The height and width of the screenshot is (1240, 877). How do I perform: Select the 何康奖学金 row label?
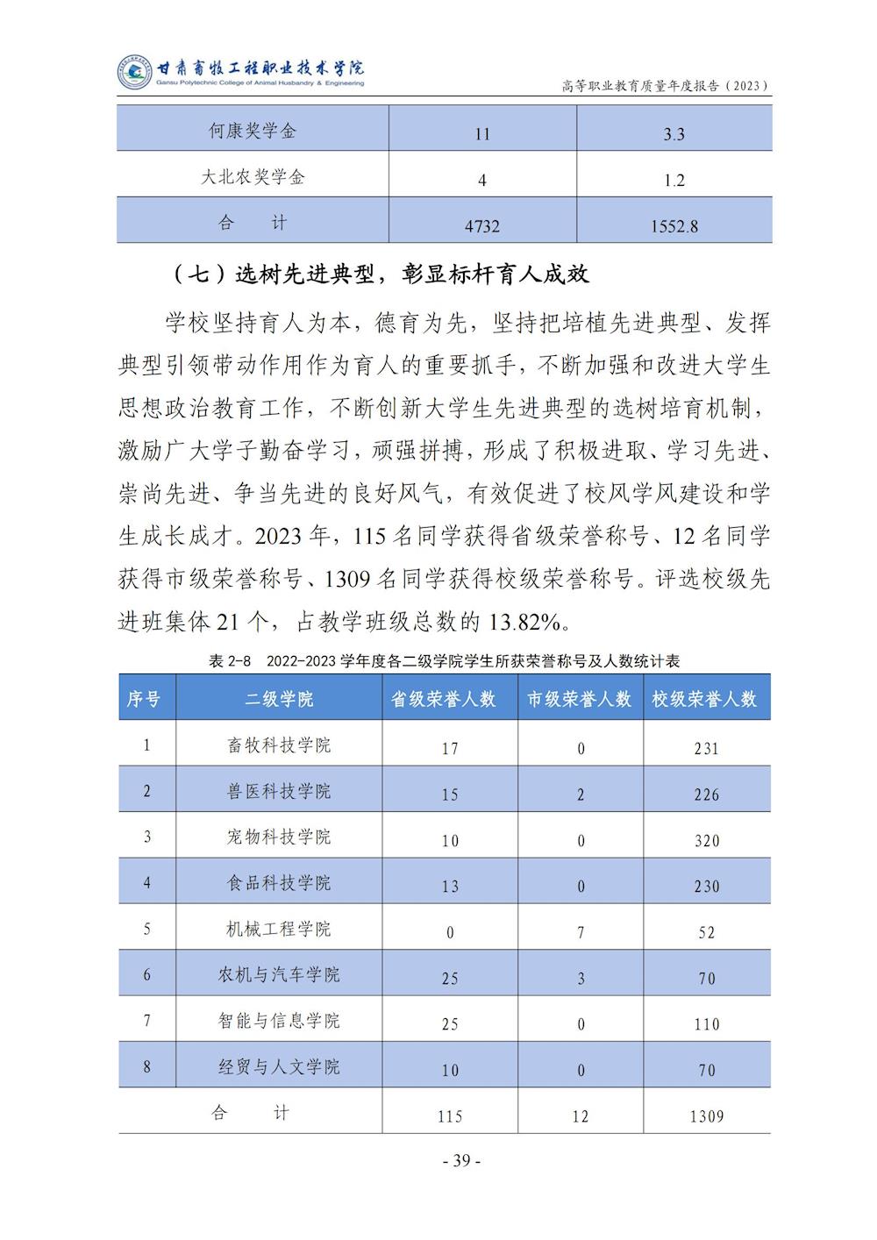(x=253, y=132)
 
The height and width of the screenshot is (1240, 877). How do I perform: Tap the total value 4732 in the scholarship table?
(x=482, y=226)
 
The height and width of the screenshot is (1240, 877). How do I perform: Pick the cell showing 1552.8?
(x=674, y=226)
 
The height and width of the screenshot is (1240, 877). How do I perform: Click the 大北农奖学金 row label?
(x=253, y=177)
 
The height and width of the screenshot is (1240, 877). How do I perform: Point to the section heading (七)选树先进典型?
(x=381, y=274)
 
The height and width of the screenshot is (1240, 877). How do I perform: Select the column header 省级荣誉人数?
(x=443, y=700)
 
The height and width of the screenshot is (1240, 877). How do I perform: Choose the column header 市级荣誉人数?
(x=579, y=700)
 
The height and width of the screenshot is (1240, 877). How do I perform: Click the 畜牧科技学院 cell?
(x=279, y=745)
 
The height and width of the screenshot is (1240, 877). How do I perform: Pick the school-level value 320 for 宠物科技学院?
(x=706, y=841)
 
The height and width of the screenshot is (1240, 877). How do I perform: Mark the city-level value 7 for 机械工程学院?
(x=581, y=932)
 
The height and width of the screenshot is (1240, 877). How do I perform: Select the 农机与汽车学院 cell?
(x=279, y=975)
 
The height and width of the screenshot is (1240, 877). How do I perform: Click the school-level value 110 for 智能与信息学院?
(x=706, y=1024)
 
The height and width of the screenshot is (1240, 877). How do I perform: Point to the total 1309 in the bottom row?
(x=706, y=1116)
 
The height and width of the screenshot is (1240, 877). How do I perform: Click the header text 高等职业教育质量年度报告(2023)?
(x=666, y=86)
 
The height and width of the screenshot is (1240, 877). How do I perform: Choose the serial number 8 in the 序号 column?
(x=146, y=1066)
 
